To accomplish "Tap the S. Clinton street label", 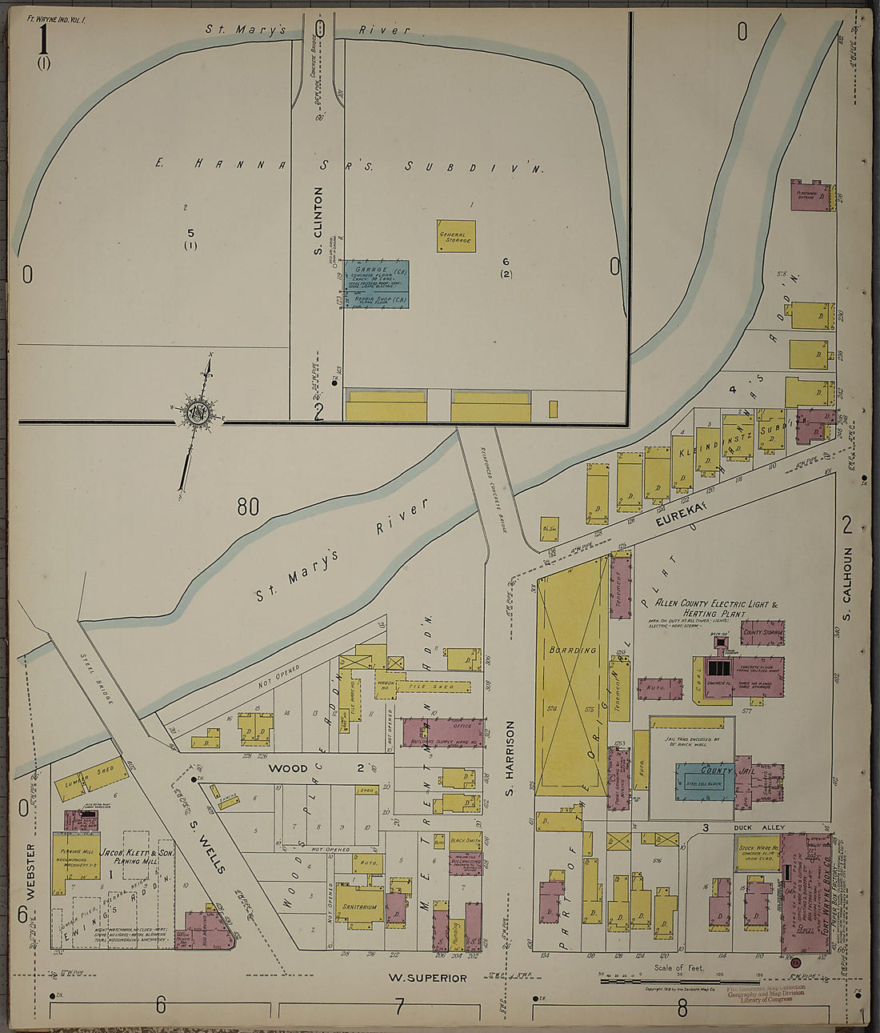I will (318, 222).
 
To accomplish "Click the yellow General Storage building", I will (456, 236).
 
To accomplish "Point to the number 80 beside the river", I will (248, 506).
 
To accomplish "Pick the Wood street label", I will (288, 768).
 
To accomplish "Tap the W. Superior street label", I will (426, 978).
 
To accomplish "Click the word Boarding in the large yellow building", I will (572, 651).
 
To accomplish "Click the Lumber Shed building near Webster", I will (91, 778).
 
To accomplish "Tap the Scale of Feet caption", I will (679, 967).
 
